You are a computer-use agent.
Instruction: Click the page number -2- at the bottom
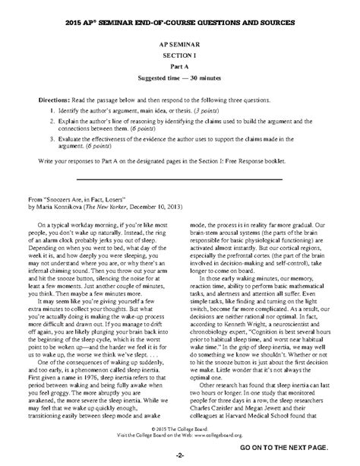[180, 456]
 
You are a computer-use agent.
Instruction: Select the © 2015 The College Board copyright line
[180, 438]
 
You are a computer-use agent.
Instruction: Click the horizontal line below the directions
[180, 180]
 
